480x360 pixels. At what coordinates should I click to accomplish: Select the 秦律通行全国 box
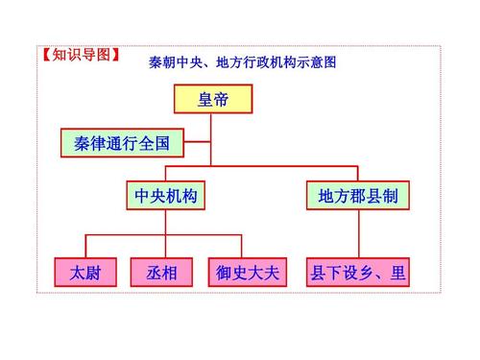[x=122, y=144]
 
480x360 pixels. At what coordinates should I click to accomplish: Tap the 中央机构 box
[x=166, y=196]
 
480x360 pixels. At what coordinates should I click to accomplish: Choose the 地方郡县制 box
[x=358, y=196]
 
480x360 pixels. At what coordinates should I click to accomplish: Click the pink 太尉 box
[x=86, y=273]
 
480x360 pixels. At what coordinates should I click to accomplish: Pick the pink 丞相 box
[x=162, y=273]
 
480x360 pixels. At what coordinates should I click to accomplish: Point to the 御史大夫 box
[x=247, y=273]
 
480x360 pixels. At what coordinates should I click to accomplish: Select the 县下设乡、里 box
[x=357, y=273]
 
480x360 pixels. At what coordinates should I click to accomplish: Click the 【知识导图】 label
[x=81, y=54]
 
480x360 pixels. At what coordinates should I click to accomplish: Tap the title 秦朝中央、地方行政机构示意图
[x=243, y=64]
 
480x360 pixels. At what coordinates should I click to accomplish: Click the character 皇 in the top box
[x=204, y=98]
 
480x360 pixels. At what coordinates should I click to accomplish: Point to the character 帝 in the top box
[x=222, y=98]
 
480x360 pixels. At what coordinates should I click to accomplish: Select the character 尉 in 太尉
[x=94, y=273]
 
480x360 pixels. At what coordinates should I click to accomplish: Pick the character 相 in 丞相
[x=171, y=273]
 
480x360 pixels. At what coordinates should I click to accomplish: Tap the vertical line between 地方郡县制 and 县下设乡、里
[x=358, y=235]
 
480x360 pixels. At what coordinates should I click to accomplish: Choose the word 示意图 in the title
[x=319, y=64]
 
